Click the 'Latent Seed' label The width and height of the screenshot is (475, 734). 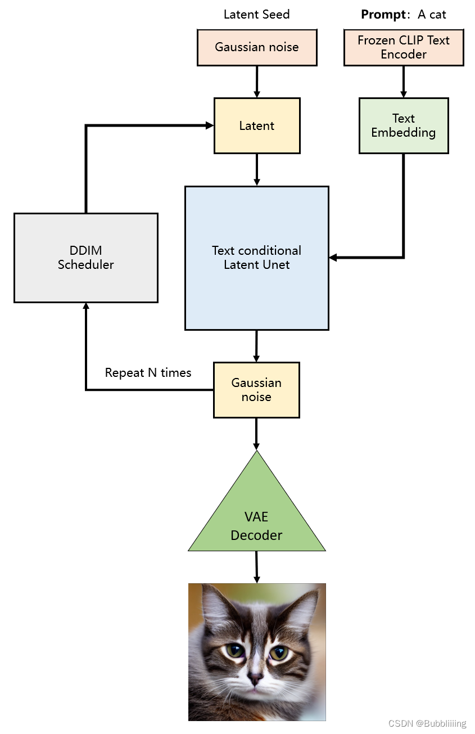point(256,15)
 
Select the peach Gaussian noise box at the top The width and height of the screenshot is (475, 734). point(257,47)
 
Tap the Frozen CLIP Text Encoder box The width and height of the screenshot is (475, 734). point(404,47)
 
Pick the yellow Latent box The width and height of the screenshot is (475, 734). point(257,125)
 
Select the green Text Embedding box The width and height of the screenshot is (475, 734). point(404,125)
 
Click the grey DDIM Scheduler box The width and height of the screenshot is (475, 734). point(85,258)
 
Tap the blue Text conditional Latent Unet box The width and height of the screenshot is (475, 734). point(257,258)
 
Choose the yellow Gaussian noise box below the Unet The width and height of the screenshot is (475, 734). point(256,390)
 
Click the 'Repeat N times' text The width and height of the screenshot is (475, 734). point(148,373)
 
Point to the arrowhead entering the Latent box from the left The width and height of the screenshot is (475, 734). point(210,125)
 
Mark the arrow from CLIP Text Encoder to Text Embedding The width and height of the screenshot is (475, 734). point(404,82)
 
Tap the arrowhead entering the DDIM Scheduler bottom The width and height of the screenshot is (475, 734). point(86,307)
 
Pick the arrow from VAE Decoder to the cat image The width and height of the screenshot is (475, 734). point(257,567)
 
